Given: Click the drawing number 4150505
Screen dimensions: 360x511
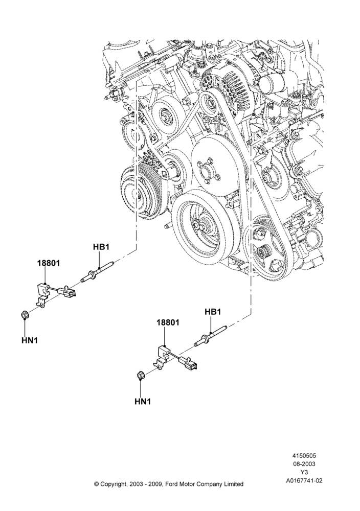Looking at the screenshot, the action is point(304,456).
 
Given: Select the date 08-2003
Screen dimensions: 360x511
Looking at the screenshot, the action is point(304,464).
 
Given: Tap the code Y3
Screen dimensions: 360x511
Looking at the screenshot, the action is point(304,472).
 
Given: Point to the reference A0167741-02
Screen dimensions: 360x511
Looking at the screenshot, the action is point(304,480).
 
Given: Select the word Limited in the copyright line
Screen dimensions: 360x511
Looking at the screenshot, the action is point(233,484).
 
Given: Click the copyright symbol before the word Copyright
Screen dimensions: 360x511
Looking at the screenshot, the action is point(96,484).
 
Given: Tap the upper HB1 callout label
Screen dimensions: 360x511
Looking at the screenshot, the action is point(101,247).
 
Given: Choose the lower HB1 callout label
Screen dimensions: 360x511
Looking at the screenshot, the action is point(213,312).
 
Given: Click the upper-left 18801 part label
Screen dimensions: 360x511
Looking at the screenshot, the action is point(49,263).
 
